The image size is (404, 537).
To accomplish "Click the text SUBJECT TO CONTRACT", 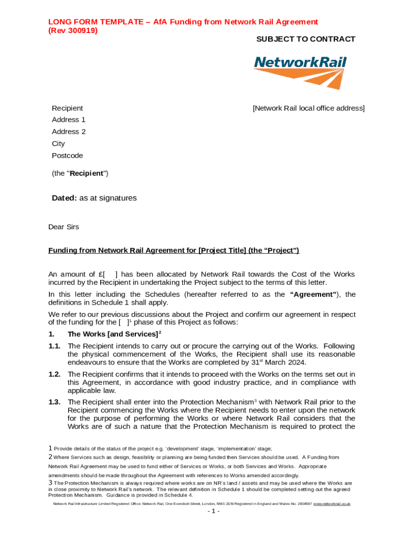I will coord(305,39).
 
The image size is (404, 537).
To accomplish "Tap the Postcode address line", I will coord(67,156).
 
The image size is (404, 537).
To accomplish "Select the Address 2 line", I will coord(69,132).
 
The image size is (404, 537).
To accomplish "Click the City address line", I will coord(58,144).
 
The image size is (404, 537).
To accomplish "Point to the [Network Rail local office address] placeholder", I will coord(308,108).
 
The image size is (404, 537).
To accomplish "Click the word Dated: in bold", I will coord(64,198).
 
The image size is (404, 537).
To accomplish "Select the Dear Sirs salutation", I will coord(63,227).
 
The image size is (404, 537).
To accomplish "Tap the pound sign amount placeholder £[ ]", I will coord(108,274).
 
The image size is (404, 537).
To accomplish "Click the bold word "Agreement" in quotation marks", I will coord(313,294).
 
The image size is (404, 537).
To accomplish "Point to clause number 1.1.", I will coord(54,346).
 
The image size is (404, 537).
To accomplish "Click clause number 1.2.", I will coord(54,374).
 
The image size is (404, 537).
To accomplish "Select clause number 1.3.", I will coord(54,402).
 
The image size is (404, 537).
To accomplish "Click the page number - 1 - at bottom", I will coord(213,511).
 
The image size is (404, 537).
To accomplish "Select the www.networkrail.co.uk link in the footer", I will coord(332,503).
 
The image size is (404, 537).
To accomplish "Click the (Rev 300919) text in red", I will coord(73,30).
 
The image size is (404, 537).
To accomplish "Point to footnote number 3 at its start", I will coord(50,482).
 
